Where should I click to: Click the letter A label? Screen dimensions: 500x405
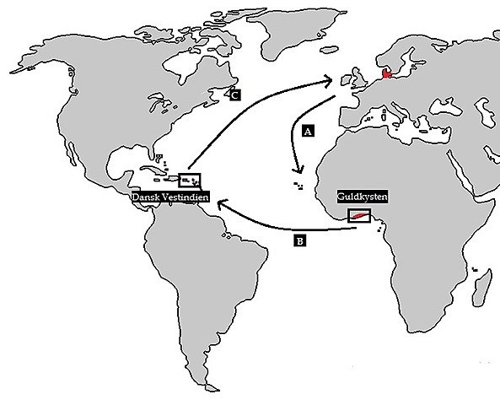click(x=308, y=131)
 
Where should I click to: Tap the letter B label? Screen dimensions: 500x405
click(x=299, y=240)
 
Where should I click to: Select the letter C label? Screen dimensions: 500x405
click(x=235, y=95)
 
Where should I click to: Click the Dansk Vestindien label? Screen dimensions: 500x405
click(x=170, y=197)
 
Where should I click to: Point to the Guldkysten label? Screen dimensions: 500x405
click(x=363, y=197)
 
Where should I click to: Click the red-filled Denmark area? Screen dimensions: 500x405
click(x=387, y=73)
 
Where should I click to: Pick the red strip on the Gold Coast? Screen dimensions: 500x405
click(x=358, y=216)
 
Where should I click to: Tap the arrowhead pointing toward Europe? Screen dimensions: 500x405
click(x=328, y=82)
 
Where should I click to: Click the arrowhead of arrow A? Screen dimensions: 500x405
click(x=298, y=170)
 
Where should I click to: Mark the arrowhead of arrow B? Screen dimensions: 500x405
click(x=223, y=203)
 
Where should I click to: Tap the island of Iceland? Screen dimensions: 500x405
click(x=329, y=50)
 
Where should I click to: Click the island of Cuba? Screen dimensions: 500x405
click(x=153, y=170)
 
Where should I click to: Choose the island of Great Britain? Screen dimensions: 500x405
click(x=359, y=78)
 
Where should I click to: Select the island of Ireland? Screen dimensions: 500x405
click(x=346, y=80)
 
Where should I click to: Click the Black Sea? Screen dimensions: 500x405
click(x=445, y=107)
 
